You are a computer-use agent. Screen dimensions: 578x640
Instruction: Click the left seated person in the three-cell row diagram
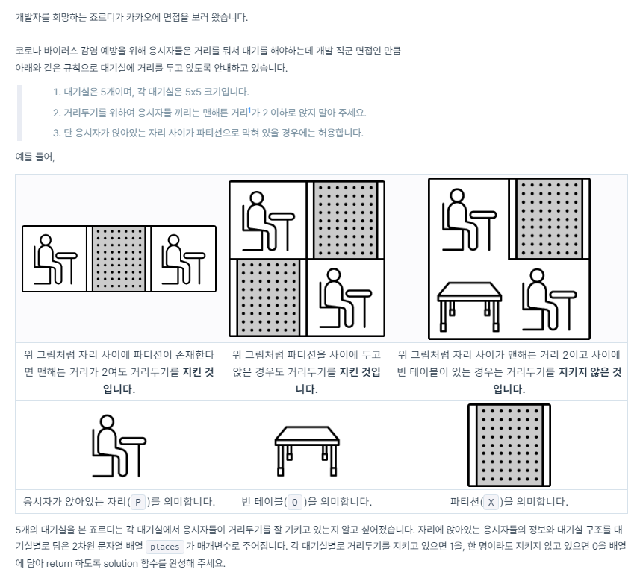(x=55, y=258)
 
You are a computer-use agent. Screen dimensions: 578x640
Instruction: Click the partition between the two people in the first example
(x=119, y=258)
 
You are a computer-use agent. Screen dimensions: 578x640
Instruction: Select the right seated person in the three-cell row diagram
(x=184, y=258)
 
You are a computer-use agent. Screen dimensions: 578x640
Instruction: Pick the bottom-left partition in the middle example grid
(x=268, y=298)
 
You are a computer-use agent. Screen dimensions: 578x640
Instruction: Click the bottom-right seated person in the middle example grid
(x=346, y=298)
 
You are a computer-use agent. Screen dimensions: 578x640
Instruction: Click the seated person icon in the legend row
(x=119, y=446)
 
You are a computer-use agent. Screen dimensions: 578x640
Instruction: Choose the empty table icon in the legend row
(x=306, y=446)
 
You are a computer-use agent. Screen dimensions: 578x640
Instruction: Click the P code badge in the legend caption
(x=137, y=502)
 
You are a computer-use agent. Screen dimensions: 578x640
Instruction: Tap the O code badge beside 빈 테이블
(x=295, y=502)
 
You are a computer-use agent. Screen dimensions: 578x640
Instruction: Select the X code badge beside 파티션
(x=490, y=502)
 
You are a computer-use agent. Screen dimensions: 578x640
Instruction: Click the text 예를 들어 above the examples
(x=34, y=157)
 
